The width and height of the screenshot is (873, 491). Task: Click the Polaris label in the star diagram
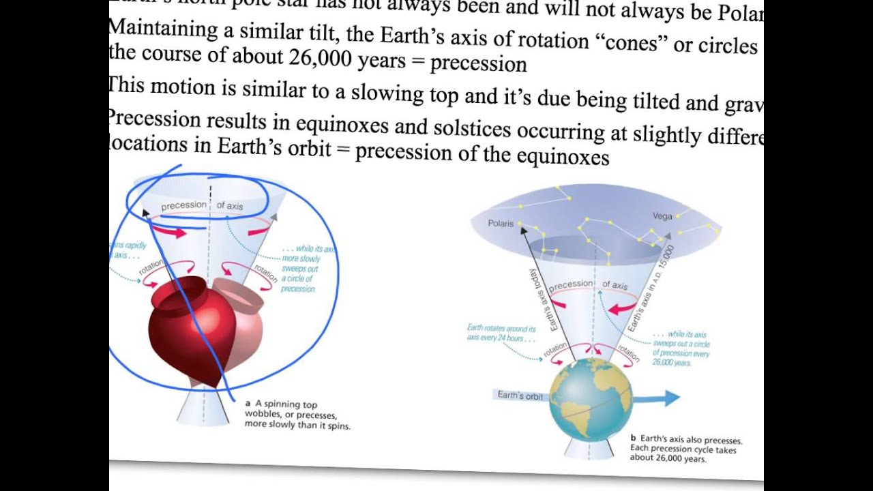(x=501, y=223)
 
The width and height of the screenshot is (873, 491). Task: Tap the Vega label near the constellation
(x=662, y=216)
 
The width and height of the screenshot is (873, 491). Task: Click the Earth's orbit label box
(x=520, y=396)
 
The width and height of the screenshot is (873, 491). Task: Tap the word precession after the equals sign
(x=478, y=63)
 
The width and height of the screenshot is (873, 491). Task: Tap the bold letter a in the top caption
(x=248, y=403)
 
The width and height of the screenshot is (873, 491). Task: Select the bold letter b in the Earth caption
(x=633, y=438)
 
